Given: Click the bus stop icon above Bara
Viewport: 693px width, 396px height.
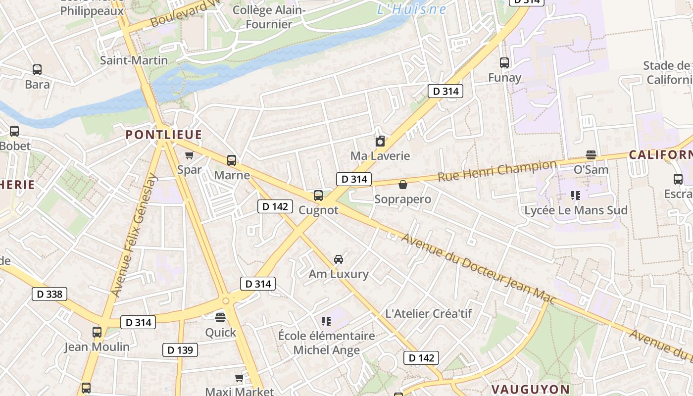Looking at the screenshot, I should point(37,70).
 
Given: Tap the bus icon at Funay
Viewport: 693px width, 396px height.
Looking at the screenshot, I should point(504,63).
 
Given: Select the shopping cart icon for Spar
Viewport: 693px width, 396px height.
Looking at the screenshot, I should point(189,155).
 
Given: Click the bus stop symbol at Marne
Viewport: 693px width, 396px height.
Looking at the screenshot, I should point(232,160).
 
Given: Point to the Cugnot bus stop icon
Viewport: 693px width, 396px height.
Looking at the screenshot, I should point(318,195).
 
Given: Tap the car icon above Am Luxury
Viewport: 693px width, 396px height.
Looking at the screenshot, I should point(339,259).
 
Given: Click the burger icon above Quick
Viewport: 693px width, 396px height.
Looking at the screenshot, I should point(220,317).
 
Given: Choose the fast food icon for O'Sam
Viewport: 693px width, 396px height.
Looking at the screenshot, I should point(591,155).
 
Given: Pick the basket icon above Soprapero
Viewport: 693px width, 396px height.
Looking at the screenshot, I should point(403,185).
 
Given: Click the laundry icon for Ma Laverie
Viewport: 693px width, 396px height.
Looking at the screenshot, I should point(380,142).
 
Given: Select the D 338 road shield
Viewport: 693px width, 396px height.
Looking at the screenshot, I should point(49,294).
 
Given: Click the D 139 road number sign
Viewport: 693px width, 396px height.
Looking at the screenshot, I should point(180,350).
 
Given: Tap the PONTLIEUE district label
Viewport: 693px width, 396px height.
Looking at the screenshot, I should point(164,135).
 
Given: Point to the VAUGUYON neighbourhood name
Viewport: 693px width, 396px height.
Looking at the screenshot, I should point(530,389).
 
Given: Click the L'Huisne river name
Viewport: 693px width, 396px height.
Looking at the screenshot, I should point(411,9).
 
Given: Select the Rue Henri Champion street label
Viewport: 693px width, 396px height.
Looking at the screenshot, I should point(497,171).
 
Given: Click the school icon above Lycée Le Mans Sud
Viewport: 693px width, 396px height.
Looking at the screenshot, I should point(575,196).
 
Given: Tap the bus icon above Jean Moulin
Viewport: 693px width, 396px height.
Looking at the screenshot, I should point(97,332).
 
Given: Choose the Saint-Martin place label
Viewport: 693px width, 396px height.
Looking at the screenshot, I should point(134,60).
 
